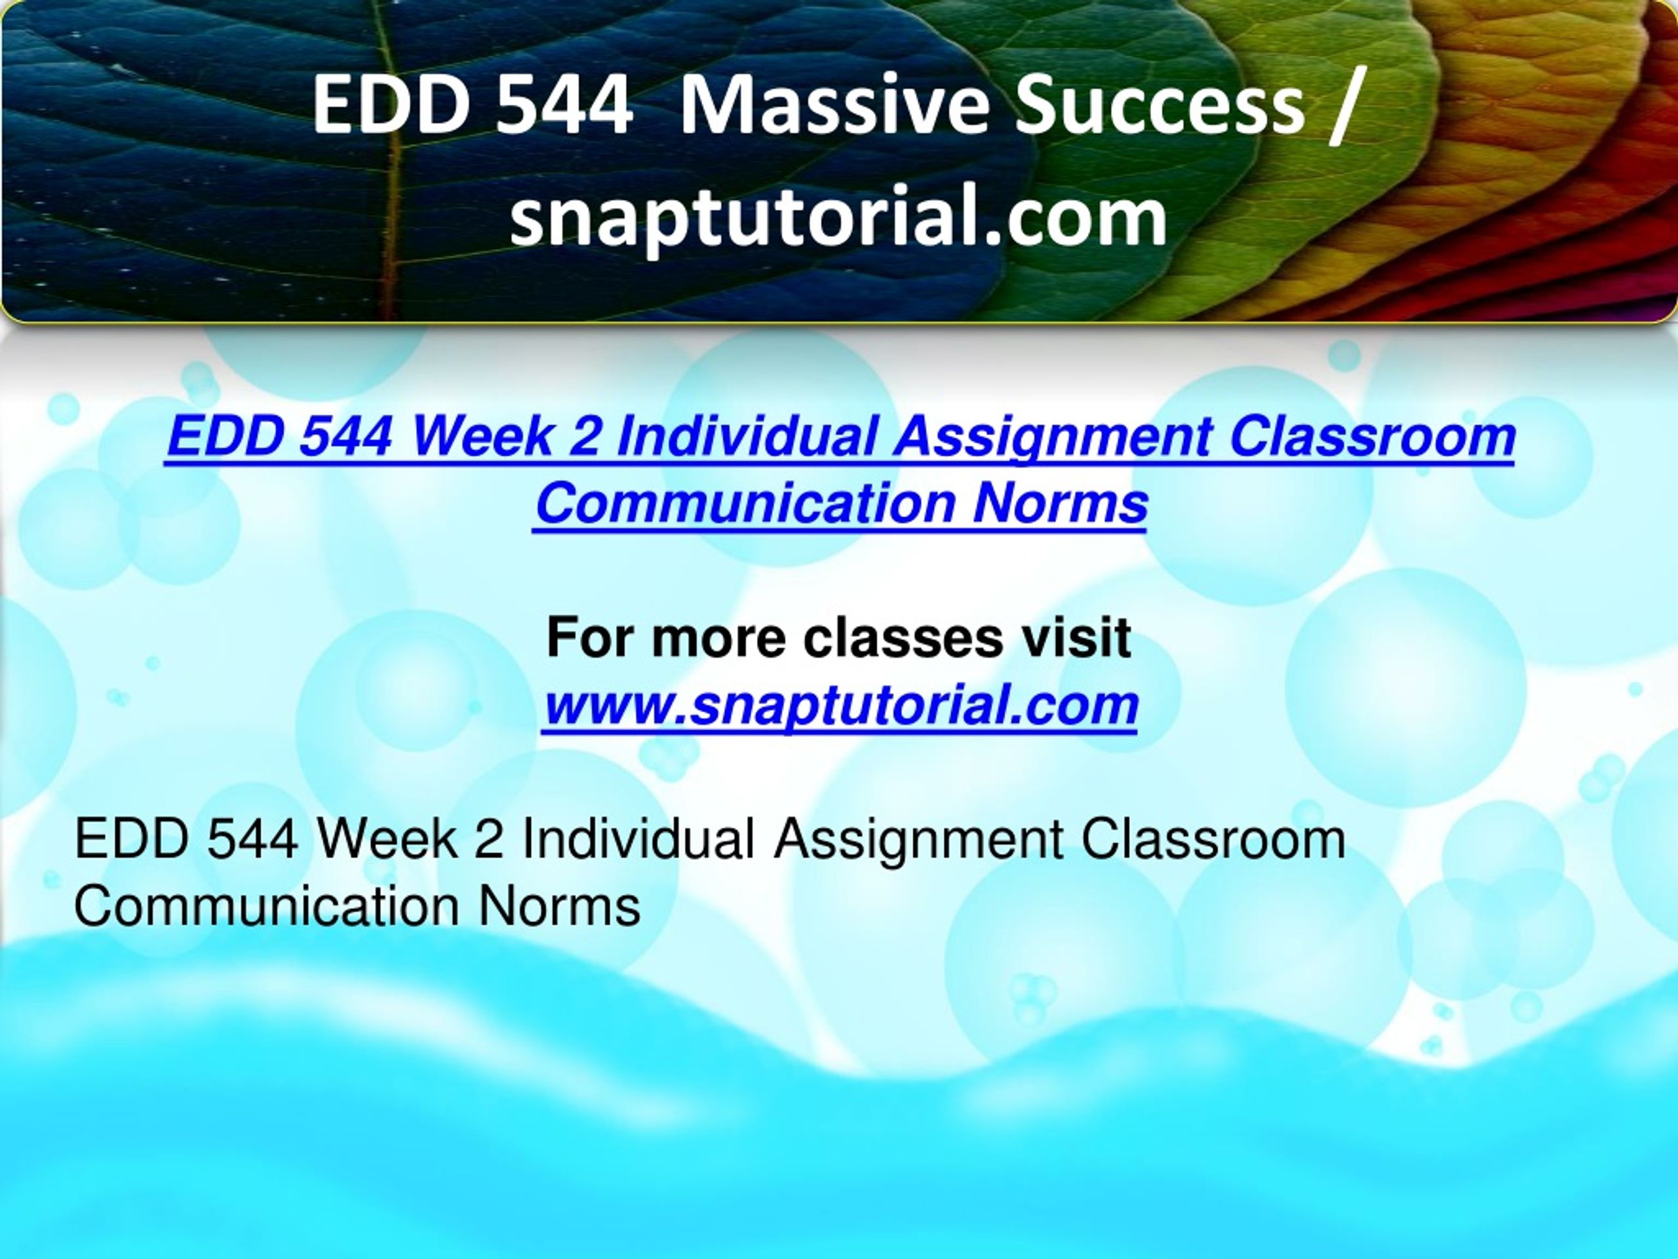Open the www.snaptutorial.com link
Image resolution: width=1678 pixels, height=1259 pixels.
click(840, 705)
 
